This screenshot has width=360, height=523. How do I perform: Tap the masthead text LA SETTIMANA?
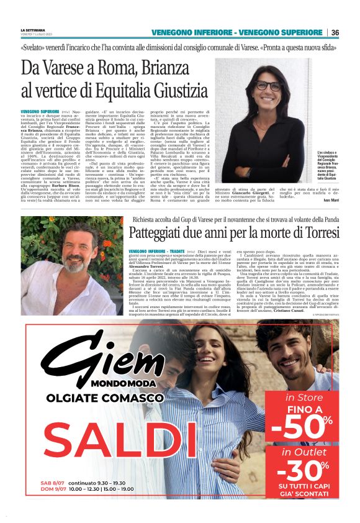tap(34, 30)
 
